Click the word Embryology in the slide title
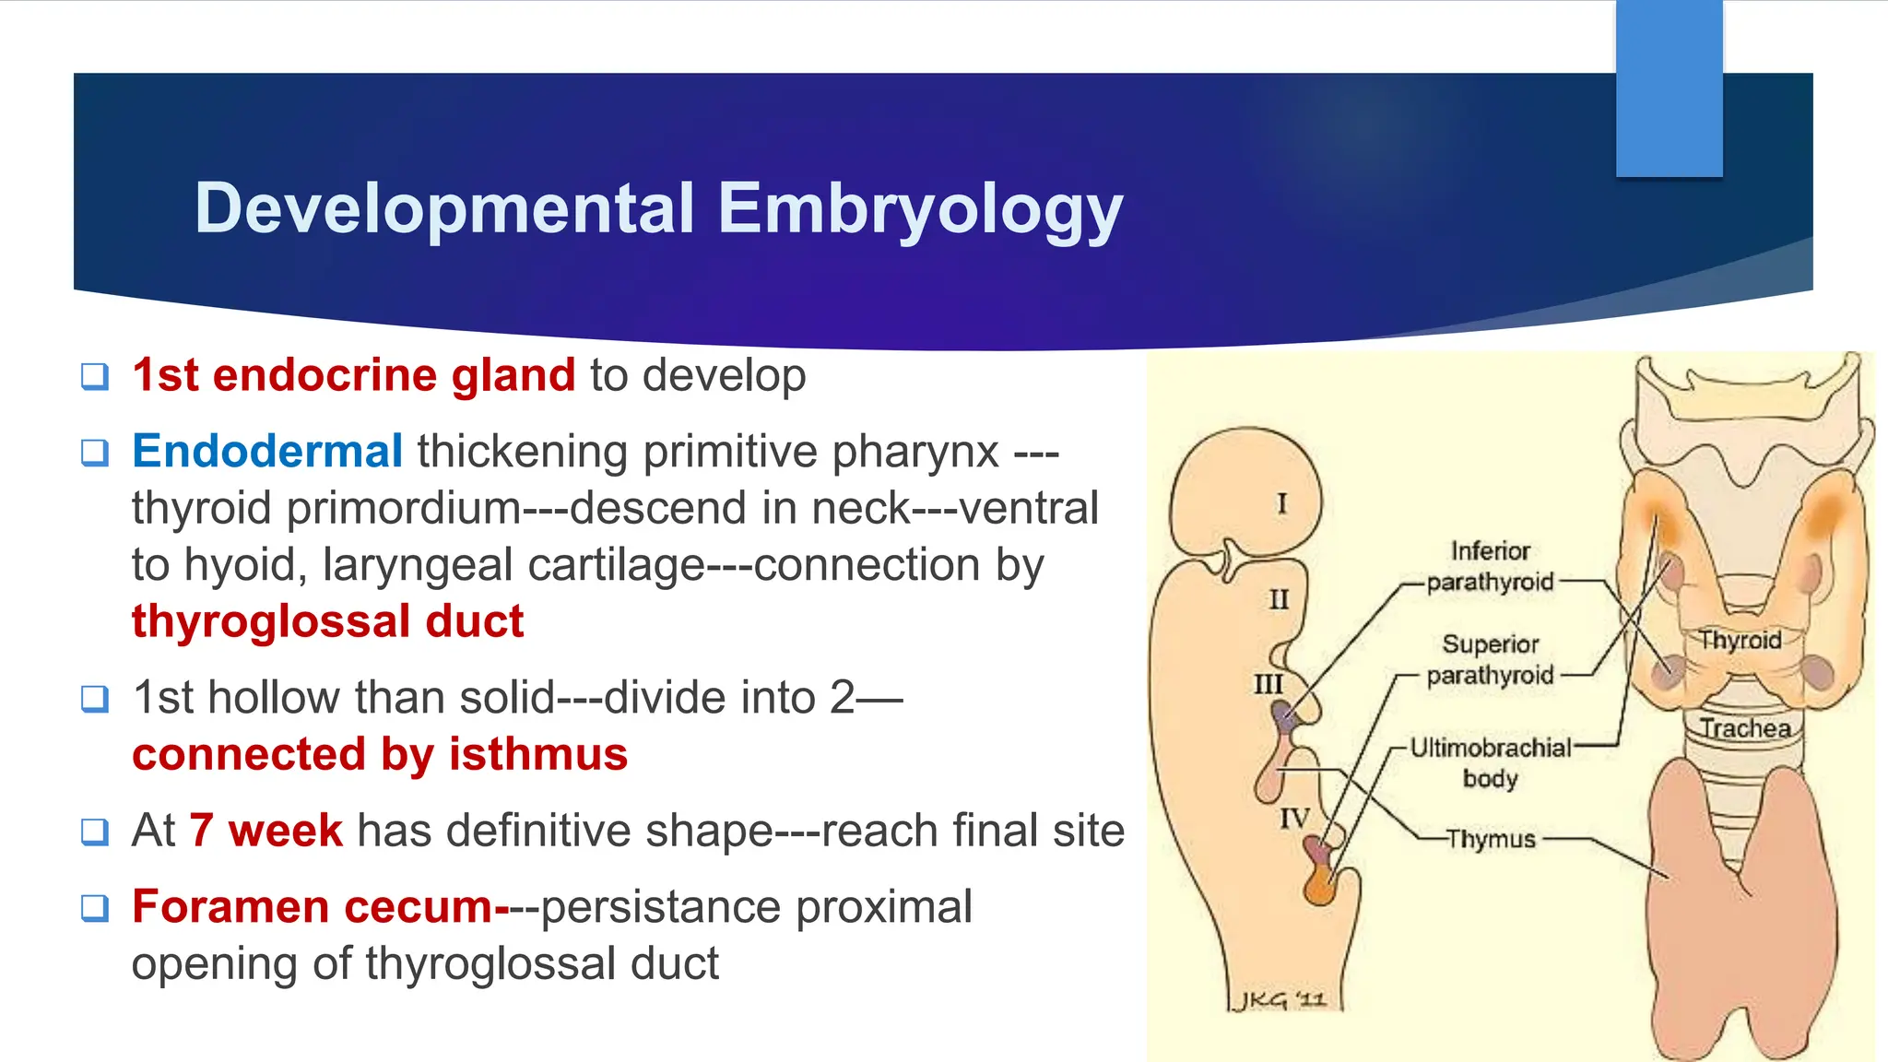(x=920, y=209)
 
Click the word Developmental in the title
(x=444, y=207)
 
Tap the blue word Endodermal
(x=267, y=452)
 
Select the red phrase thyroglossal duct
(x=327, y=621)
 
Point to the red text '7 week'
(x=265, y=830)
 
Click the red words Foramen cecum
(x=313, y=906)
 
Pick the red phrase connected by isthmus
(x=380, y=754)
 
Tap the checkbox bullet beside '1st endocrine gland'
(x=95, y=376)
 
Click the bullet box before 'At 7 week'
(x=95, y=832)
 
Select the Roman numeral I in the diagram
(x=1281, y=503)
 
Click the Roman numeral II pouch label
(x=1279, y=600)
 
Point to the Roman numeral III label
(x=1268, y=684)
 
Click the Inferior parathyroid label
(x=1490, y=566)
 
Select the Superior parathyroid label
(x=1490, y=659)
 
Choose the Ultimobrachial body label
(x=1490, y=762)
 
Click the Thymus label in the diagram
(x=1490, y=839)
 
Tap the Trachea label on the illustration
(x=1745, y=728)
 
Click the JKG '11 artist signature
(x=1280, y=1000)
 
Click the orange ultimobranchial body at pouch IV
(x=1320, y=889)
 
